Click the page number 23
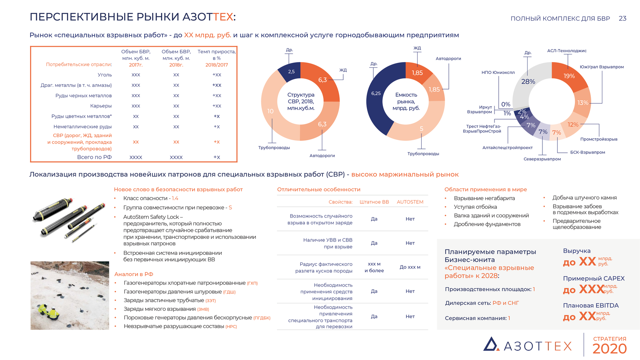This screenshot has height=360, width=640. [622, 18]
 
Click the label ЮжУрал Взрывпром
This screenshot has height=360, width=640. [602, 67]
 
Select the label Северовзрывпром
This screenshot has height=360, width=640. [542, 159]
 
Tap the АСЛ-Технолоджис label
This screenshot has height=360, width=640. [566, 51]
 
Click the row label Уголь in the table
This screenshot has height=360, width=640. [105, 75]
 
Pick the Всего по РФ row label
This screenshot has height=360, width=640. [94, 157]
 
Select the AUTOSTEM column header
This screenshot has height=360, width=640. [410, 202]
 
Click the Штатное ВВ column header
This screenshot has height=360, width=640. [374, 202]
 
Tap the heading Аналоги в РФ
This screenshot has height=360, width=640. [134, 274]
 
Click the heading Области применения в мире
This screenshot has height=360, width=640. [485, 189]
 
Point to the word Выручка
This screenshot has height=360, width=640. [576, 251]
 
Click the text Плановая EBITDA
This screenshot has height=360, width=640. [590, 305]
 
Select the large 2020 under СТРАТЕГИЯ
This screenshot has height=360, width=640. [609, 349]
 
